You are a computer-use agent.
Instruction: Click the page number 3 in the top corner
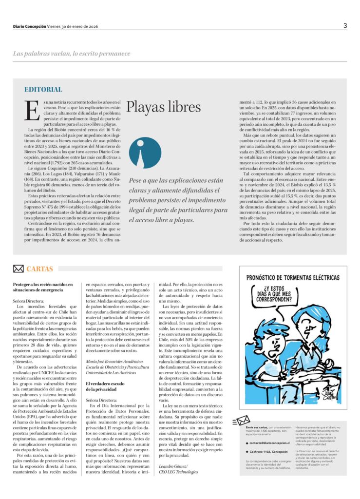click(345, 26)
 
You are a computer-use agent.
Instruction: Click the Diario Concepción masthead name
click(29, 26)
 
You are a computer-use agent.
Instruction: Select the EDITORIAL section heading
click(43, 90)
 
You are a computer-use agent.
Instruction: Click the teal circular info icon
click(145, 153)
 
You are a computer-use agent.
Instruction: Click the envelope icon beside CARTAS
click(18, 269)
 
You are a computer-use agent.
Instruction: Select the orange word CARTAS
click(40, 269)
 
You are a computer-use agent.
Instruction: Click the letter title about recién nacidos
click(43, 287)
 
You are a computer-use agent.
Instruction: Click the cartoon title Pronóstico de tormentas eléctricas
click(293, 278)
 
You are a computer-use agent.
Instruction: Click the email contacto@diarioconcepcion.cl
click(269, 443)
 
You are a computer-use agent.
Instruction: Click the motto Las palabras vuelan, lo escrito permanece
click(72, 53)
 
